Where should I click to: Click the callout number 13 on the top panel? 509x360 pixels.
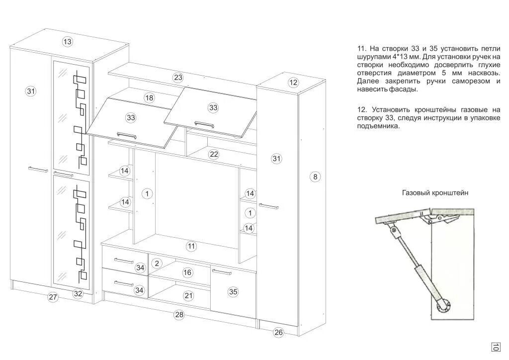[68, 42]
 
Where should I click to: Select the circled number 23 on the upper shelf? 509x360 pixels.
[178, 78]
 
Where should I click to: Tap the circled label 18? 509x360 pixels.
[149, 98]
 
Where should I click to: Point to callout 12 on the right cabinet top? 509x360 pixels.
[293, 83]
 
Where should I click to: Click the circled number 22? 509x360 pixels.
[214, 154]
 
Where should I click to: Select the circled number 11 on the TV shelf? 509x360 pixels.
[192, 246]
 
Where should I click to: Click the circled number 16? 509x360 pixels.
[187, 272]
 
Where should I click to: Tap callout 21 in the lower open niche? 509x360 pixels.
[188, 296]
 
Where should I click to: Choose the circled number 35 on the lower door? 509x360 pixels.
[233, 292]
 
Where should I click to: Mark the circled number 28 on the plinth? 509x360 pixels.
[179, 314]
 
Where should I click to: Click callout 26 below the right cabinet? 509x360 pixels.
[278, 333]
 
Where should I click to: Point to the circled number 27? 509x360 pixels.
[53, 297]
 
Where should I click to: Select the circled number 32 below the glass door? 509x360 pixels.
[78, 293]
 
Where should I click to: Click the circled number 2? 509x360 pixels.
[157, 263]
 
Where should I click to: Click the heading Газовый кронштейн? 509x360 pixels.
[435, 193]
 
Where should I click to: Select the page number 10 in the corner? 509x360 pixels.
[496, 347]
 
